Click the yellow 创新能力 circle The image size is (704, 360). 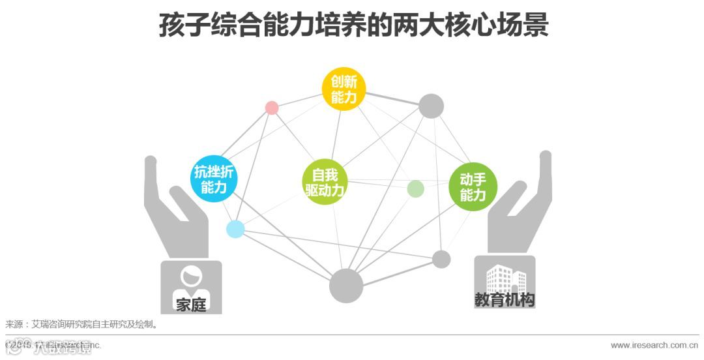(x=344, y=89)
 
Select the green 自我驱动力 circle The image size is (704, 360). (x=325, y=183)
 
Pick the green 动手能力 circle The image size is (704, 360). (x=473, y=187)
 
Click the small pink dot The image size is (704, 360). (x=272, y=108)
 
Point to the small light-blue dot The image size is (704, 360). (x=235, y=229)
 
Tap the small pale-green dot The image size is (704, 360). (x=415, y=189)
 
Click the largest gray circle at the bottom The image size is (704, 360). (x=345, y=286)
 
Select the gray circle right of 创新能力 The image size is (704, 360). (x=431, y=106)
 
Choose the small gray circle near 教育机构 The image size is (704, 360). (x=441, y=259)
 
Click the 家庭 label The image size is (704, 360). (x=191, y=304)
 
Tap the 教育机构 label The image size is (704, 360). (x=505, y=300)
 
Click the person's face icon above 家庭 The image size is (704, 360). (x=191, y=279)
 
